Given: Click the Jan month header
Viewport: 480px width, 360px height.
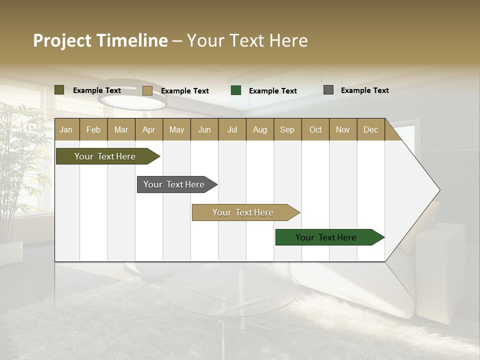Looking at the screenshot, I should [x=66, y=130].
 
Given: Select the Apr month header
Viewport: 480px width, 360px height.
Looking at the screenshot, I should [x=148, y=130].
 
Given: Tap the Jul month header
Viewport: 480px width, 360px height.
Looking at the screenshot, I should [x=232, y=130].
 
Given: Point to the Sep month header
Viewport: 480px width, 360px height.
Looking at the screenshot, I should [x=287, y=130].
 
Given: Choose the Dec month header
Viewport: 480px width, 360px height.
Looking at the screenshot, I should [x=370, y=130].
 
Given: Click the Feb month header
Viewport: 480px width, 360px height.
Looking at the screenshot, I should [x=93, y=130].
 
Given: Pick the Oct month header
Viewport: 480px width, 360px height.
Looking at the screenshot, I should [x=315, y=130].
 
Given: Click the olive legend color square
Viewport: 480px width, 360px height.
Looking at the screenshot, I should [x=59, y=90].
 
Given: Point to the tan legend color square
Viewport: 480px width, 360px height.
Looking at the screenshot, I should [x=147, y=90].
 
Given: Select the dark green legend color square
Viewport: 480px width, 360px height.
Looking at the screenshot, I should [x=236, y=90].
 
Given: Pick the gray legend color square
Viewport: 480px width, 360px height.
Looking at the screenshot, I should [x=328, y=90].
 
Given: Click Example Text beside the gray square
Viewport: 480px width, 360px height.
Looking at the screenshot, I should [x=364, y=90].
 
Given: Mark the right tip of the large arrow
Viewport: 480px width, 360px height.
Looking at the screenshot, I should [x=439, y=190].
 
